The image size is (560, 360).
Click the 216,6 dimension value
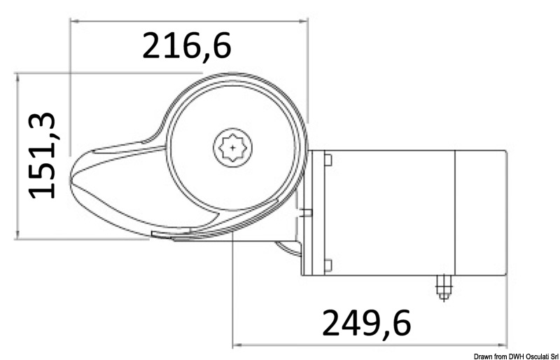[x=186, y=46]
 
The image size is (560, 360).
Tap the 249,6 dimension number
[x=366, y=323]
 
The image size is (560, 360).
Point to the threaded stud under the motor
[x=442, y=286]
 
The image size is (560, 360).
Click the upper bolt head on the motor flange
[x=328, y=160]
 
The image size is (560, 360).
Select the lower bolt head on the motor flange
[x=328, y=264]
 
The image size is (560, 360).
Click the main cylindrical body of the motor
[x=392, y=212]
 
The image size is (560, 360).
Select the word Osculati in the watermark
[x=531, y=356]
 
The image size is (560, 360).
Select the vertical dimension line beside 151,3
[x=16, y=155]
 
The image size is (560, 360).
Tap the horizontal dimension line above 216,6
[x=189, y=20]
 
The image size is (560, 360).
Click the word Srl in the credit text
[x=552, y=356]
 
